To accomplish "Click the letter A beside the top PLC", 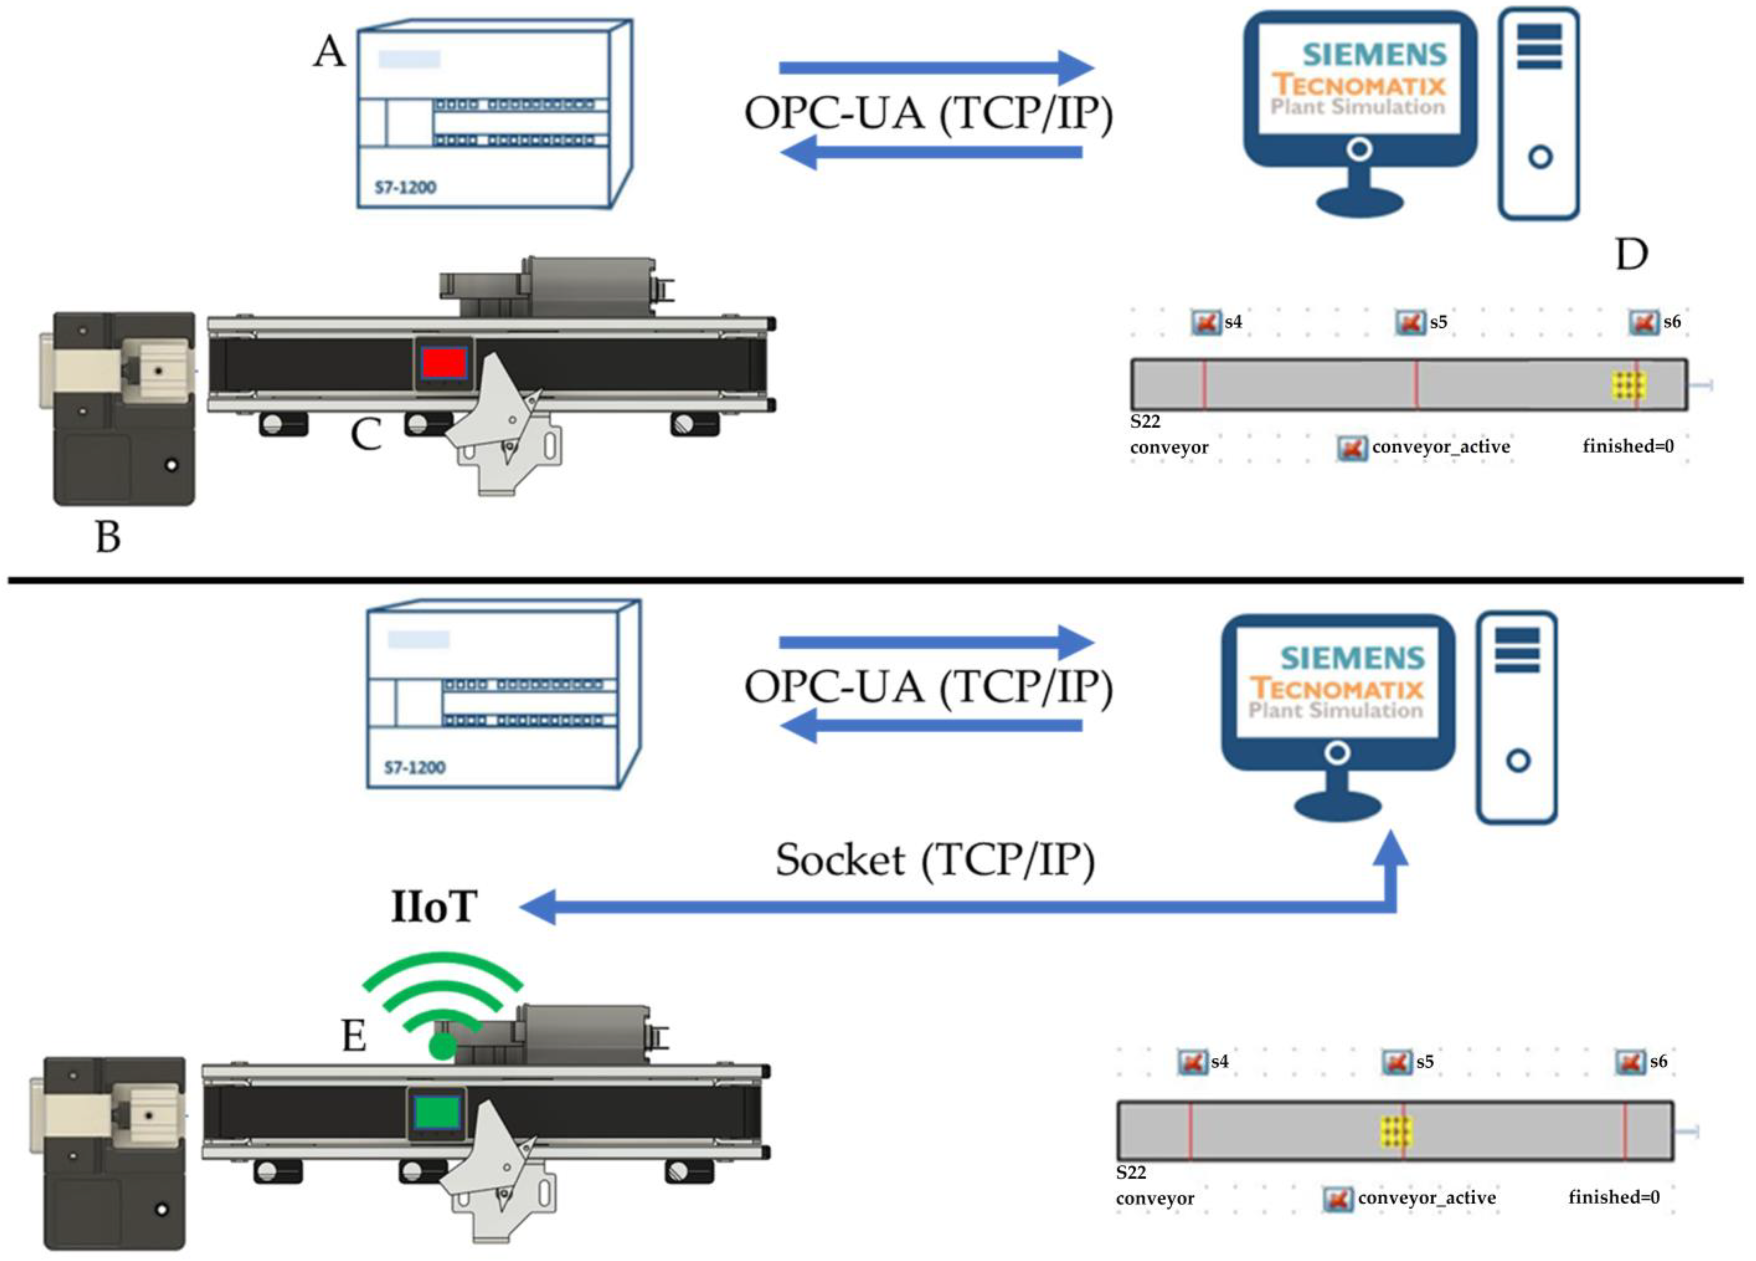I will (329, 53).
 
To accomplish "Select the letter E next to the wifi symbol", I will (354, 1035).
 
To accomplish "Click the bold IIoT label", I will (433, 907).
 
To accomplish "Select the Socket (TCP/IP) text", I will (935, 860).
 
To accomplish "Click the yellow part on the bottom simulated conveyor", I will (1396, 1131).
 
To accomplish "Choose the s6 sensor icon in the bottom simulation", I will (1630, 1062).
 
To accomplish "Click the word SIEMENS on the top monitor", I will (1374, 54).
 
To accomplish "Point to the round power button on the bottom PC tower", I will (1518, 761).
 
